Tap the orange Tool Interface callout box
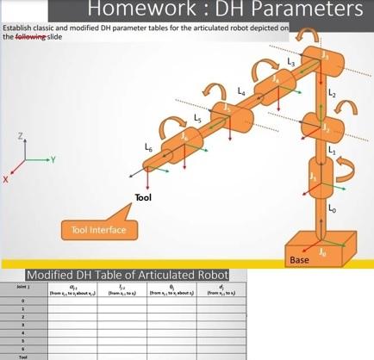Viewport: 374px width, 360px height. [x=99, y=229]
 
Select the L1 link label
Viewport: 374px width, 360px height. [x=330, y=152]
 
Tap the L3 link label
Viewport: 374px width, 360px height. [x=291, y=65]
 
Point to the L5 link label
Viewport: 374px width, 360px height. [x=198, y=116]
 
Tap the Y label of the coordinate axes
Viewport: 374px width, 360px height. [x=53, y=159]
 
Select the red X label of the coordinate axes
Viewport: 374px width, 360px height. [x=6, y=179]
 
